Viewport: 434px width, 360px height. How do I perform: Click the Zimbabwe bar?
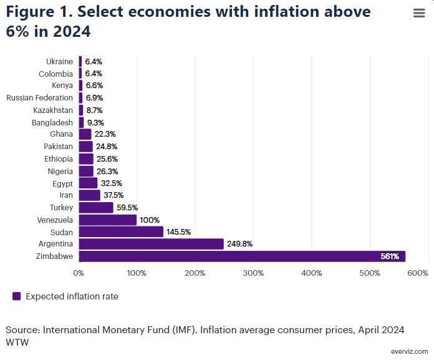click(x=242, y=256)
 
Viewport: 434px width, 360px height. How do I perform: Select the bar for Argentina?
click(x=151, y=244)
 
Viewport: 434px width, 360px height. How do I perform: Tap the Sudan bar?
click(x=121, y=232)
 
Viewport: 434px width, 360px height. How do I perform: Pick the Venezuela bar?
click(x=107, y=220)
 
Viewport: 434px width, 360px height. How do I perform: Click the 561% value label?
click(x=390, y=256)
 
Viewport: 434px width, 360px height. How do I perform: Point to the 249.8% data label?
click(x=240, y=244)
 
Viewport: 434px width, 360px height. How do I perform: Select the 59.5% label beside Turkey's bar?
click(x=127, y=208)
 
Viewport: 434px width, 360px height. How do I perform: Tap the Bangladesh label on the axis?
click(x=52, y=122)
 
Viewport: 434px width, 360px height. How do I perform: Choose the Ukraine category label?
click(x=59, y=61)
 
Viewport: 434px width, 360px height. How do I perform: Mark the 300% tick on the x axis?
click(x=253, y=273)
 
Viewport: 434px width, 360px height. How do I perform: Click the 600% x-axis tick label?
click(x=418, y=273)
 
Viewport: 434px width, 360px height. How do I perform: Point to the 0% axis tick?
click(x=79, y=273)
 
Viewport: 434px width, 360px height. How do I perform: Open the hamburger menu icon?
click(x=419, y=14)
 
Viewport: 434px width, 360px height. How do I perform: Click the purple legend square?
click(x=16, y=296)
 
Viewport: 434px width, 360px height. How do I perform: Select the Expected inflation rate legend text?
click(x=72, y=296)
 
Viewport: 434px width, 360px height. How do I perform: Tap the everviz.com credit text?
click(x=410, y=351)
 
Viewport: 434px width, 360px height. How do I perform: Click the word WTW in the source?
click(x=17, y=342)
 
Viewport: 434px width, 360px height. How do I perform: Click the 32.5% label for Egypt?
click(x=112, y=183)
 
